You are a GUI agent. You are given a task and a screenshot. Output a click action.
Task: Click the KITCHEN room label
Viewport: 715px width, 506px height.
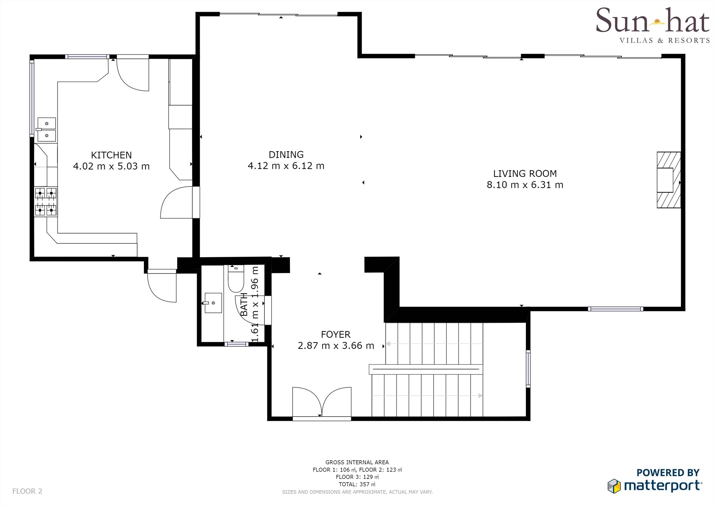(x=111, y=155)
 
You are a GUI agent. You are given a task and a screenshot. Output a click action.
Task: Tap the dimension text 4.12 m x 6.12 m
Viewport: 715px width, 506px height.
(x=286, y=166)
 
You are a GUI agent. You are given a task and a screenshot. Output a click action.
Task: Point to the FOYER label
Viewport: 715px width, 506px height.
(x=336, y=335)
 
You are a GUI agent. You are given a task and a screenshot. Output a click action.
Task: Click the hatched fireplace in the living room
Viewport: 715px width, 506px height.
(x=668, y=180)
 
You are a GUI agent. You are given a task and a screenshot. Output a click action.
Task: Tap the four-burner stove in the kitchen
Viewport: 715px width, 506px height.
(x=46, y=201)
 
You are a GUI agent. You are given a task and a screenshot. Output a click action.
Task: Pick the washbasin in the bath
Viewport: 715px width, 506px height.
(x=213, y=303)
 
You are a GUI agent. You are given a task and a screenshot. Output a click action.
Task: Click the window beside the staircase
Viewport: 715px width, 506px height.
(x=528, y=369)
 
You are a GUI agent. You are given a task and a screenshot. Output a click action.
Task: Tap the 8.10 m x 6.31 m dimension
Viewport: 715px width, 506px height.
(x=525, y=185)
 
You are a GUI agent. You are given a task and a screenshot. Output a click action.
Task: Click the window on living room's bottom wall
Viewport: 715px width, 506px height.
(x=615, y=309)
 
